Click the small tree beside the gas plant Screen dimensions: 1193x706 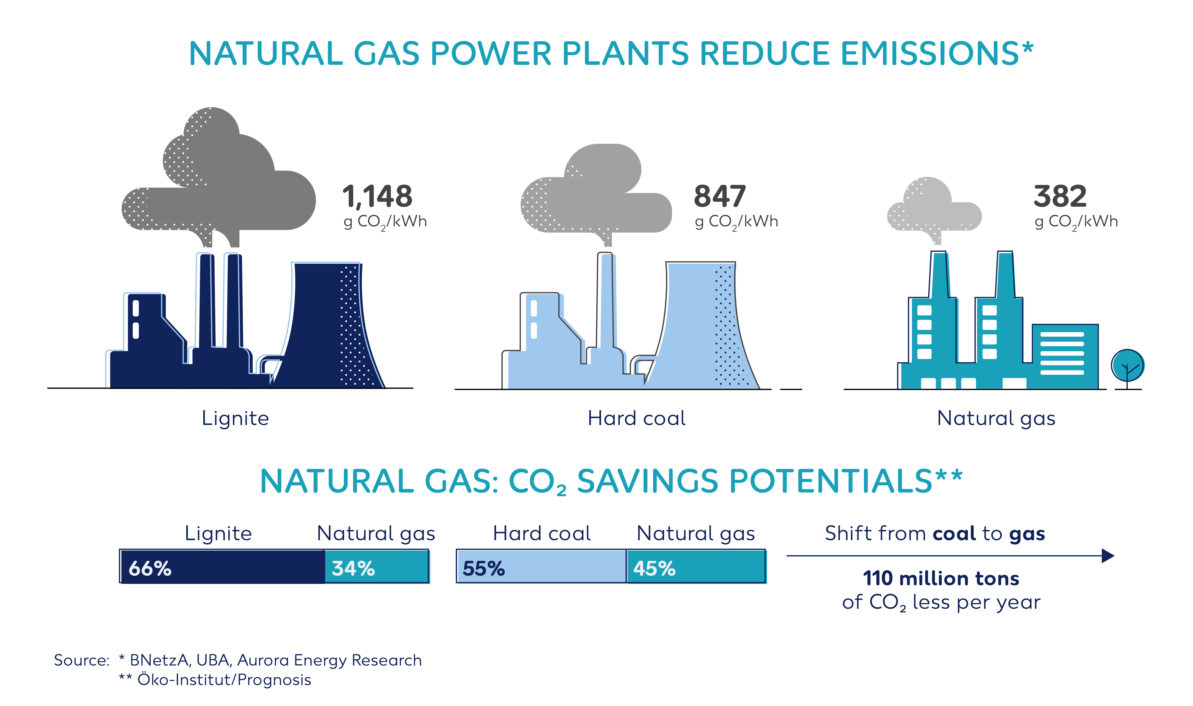click(x=1127, y=369)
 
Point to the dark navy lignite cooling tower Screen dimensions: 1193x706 click(x=328, y=326)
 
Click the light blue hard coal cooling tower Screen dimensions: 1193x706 click(x=702, y=326)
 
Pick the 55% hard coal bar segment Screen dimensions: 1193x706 click(x=541, y=566)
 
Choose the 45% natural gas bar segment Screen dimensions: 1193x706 click(x=696, y=566)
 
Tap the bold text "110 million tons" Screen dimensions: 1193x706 click(x=941, y=578)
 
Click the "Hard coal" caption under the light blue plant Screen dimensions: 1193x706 click(x=637, y=418)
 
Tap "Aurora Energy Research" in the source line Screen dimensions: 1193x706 click(x=329, y=660)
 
